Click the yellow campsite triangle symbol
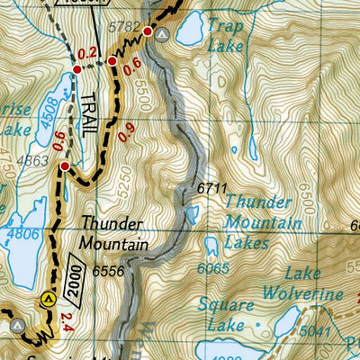[x=48, y=299]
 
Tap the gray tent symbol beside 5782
[x=161, y=34]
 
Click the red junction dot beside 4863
[x=64, y=166]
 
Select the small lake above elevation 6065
[x=211, y=246]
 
